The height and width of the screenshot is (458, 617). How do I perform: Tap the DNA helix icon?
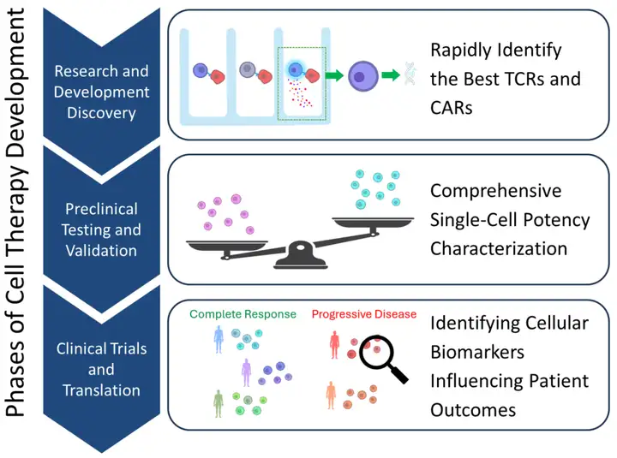(x=410, y=74)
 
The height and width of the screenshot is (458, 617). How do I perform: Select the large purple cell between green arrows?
(x=362, y=76)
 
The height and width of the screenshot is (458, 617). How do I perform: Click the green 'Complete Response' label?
(x=243, y=314)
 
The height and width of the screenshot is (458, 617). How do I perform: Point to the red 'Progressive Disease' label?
(x=364, y=314)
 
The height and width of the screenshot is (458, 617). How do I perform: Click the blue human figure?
(x=219, y=339)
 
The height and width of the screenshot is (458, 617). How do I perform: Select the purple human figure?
(x=246, y=372)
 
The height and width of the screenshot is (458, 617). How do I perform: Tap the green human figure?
(x=218, y=404)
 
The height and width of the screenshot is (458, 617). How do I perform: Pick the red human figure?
(x=334, y=345)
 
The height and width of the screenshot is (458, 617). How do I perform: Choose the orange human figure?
(x=331, y=396)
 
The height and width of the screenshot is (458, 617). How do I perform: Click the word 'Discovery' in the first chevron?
(x=101, y=113)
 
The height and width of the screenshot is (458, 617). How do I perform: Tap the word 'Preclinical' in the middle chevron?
(x=101, y=209)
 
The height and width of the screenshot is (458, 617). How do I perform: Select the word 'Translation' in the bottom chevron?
(x=101, y=390)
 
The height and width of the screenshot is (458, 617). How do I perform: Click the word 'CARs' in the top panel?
(x=452, y=108)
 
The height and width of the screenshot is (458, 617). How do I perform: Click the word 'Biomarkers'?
(x=477, y=352)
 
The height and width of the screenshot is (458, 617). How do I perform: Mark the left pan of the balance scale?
(x=227, y=246)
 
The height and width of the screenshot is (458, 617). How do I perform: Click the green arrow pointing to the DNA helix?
(x=391, y=74)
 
